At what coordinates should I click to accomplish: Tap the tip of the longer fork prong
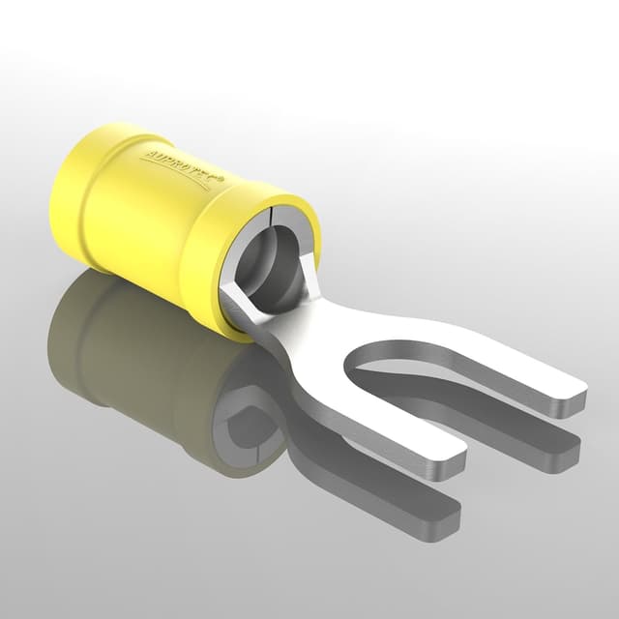[x=577, y=398]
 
